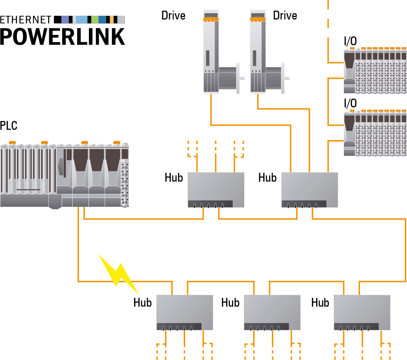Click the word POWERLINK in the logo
click(x=62, y=36)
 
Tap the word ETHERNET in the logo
click(x=25, y=19)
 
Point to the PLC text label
click(x=9, y=126)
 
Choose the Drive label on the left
click(x=173, y=15)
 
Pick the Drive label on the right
click(x=285, y=15)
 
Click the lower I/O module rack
click(x=375, y=133)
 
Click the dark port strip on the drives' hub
click(x=304, y=204)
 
